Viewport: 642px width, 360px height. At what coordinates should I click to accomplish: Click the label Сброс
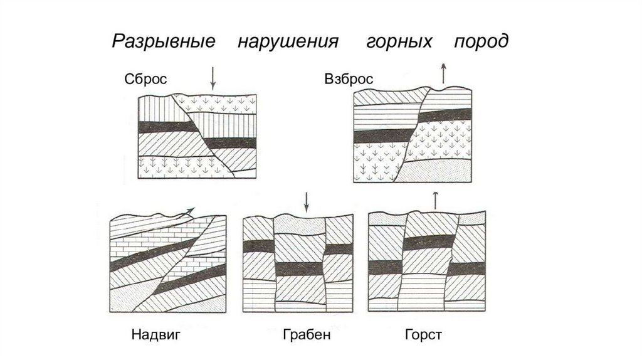pyautogui.click(x=145, y=79)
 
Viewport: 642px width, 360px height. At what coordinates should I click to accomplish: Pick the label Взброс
pyautogui.click(x=349, y=79)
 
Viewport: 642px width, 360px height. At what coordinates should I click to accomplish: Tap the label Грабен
pyautogui.click(x=307, y=334)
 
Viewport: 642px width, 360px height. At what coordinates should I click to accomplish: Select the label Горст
pyautogui.click(x=424, y=334)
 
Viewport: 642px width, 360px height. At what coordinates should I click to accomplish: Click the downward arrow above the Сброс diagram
pyautogui.click(x=213, y=78)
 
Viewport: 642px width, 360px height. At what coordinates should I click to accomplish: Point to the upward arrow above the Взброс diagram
pyautogui.click(x=444, y=73)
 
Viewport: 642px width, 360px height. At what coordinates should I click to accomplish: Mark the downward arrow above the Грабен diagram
pyautogui.click(x=307, y=202)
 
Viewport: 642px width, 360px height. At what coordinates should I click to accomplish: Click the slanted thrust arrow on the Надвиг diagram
pyautogui.click(x=186, y=213)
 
